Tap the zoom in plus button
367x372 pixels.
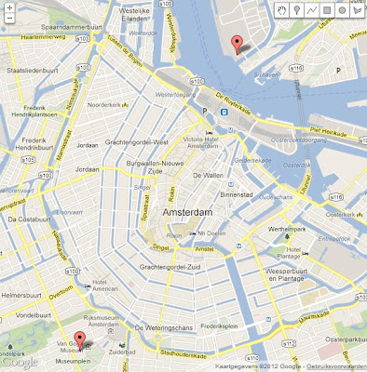point(7,7)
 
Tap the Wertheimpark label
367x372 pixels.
point(292,226)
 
